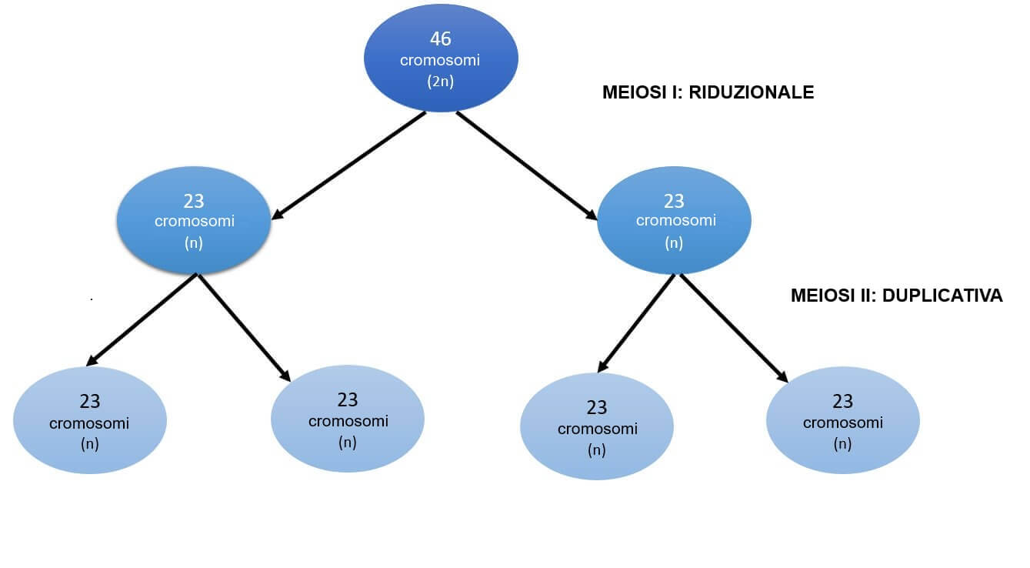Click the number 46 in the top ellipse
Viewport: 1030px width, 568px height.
[441, 38]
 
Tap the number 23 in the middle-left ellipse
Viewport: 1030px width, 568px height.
[194, 201]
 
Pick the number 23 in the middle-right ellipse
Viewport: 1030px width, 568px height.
[674, 201]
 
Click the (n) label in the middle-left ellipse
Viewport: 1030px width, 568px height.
[194, 243]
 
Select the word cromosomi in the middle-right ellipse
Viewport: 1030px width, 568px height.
[675, 221]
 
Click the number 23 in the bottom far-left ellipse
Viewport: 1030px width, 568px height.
[90, 401]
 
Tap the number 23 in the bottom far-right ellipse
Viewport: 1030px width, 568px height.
[843, 401]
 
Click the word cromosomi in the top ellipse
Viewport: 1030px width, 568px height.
[440, 60]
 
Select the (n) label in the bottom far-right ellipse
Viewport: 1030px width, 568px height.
[843, 444]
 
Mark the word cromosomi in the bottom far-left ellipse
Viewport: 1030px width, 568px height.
[89, 423]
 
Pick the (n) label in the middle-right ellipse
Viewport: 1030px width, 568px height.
[674, 243]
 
